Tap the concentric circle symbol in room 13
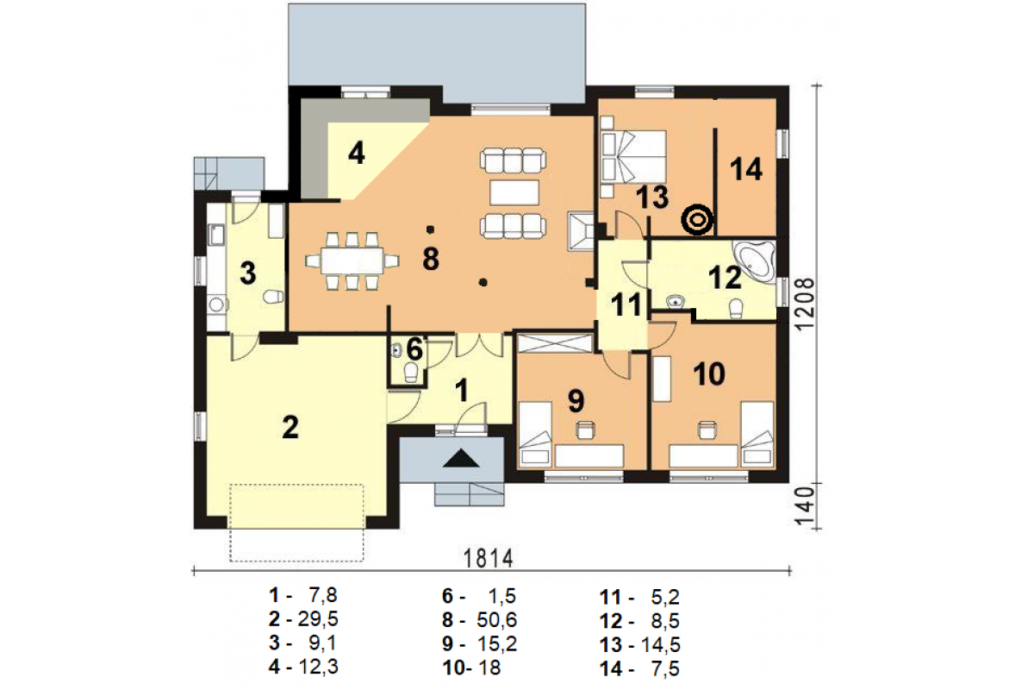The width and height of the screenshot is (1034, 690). [x=697, y=220]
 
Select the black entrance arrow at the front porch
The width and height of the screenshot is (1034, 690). [x=461, y=459]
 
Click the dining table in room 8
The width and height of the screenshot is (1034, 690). [x=352, y=260]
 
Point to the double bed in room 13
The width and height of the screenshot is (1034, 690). [x=634, y=156]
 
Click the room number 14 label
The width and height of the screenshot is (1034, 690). [x=746, y=169]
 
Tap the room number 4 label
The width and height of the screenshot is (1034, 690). [x=357, y=153]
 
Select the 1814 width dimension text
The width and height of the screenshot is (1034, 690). [x=489, y=558]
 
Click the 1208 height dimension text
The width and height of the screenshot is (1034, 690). [x=805, y=304]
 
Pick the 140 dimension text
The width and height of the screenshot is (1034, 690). [x=805, y=506]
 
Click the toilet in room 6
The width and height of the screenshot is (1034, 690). [x=410, y=373]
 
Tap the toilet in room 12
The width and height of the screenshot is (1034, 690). [x=736, y=308]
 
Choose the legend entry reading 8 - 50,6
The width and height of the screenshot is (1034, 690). [x=479, y=620]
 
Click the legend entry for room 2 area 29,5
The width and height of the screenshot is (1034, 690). [x=303, y=618]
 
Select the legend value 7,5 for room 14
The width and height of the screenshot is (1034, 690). [x=665, y=668]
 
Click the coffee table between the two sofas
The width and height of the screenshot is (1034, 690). [x=514, y=192]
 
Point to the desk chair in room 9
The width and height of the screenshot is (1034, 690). [x=585, y=430]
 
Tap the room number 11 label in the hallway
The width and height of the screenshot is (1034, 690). [x=626, y=304]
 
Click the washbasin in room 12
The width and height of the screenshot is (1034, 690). [x=676, y=302]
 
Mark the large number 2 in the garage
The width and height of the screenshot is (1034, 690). [x=290, y=427]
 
